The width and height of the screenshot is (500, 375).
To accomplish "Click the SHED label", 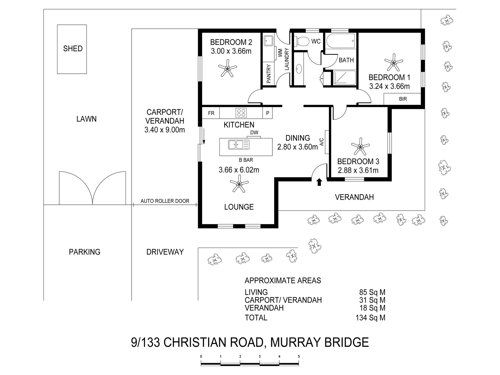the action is (x=73, y=48).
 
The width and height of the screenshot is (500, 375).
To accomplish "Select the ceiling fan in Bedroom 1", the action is (x=393, y=63).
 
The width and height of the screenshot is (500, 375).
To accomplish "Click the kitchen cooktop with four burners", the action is (x=241, y=113).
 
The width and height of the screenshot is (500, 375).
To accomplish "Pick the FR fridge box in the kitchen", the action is (x=211, y=113).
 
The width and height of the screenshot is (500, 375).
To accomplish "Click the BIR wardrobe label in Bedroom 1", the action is (x=403, y=99).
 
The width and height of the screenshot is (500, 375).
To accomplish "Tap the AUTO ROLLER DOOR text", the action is (x=165, y=201).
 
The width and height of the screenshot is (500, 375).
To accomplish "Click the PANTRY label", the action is (x=269, y=74).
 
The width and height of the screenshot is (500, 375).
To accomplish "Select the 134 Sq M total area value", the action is (x=370, y=318).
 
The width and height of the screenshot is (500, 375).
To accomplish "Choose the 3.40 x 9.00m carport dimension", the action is (x=165, y=130).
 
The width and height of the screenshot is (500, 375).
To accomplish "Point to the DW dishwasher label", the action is (x=254, y=133).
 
